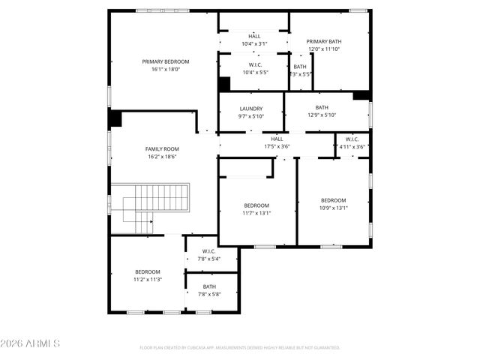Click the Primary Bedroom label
point(166,61)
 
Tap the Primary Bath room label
point(324,41)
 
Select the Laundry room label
point(251,109)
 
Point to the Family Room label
point(162,149)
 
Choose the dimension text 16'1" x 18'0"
point(166,69)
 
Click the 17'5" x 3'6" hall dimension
point(277,147)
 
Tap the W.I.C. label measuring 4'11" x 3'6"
point(352,139)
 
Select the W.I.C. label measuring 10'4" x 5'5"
point(254,65)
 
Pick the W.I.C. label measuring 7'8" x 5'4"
point(209,251)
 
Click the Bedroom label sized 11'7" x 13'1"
point(256,205)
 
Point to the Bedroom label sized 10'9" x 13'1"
point(334,200)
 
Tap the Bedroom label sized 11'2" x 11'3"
point(148,271)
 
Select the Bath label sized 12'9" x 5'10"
point(322,107)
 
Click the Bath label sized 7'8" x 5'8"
point(209,286)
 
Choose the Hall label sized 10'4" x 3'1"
point(254,36)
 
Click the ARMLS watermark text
point(31,343)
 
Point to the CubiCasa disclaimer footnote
point(240,348)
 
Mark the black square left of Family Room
point(115,118)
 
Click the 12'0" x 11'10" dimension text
point(324,49)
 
